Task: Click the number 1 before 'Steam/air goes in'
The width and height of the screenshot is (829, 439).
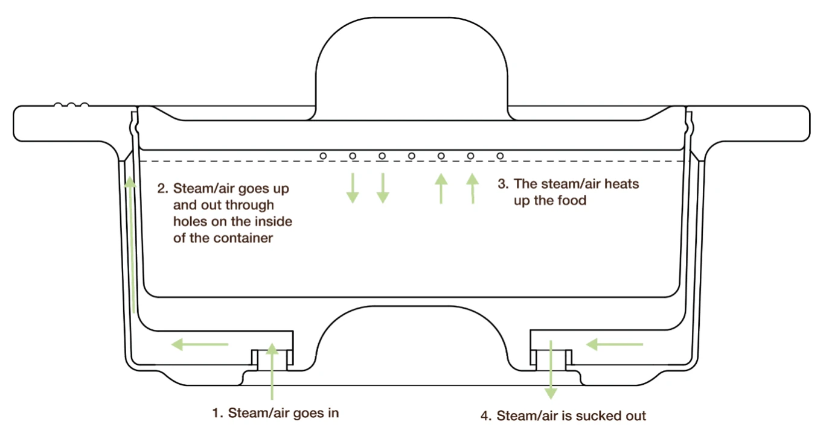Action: [x=216, y=413]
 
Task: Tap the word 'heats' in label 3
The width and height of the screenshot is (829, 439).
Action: [x=621, y=183]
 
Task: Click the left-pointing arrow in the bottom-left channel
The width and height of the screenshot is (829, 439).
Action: [x=200, y=344]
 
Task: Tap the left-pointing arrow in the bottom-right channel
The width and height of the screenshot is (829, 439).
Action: [x=615, y=344]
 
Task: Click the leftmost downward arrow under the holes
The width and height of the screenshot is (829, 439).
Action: [x=353, y=188]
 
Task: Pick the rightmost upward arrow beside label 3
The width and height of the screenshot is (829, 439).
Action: [x=472, y=188]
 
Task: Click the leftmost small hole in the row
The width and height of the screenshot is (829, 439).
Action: [x=323, y=156]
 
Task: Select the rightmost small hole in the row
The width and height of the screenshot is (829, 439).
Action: [x=500, y=156]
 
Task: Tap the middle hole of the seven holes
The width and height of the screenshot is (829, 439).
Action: [x=412, y=156]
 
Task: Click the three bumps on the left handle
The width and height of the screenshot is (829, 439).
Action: [x=71, y=105]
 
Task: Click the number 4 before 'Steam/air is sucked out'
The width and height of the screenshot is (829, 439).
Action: [x=485, y=415]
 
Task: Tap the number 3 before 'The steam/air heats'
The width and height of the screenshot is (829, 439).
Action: [x=501, y=183]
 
